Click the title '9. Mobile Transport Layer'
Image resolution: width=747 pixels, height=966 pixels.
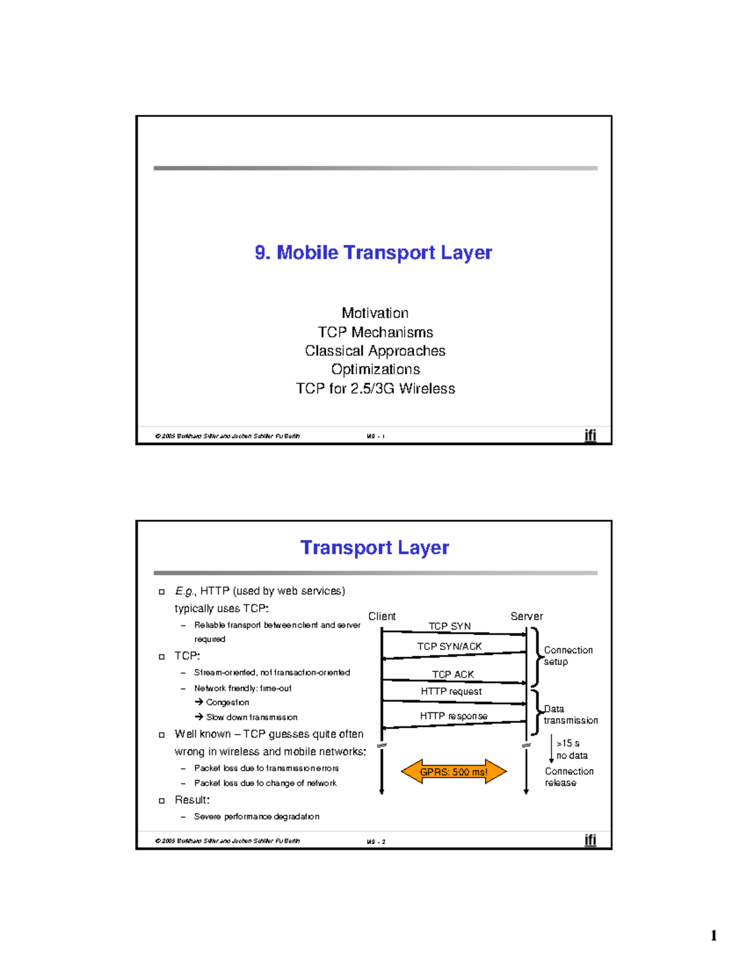pyautogui.click(x=374, y=253)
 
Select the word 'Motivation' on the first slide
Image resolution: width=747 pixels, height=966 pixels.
pyautogui.click(x=375, y=313)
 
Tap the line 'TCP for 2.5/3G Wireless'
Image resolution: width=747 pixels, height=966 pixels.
pyautogui.click(x=375, y=389)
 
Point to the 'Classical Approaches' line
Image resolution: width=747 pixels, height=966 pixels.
pyautogui.click(x=375, y=351)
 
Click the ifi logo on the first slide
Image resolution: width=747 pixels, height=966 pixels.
pyautogui.click(x=590, y=435)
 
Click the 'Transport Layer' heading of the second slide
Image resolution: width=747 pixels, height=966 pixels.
pyautogui.click(x=374, y=547)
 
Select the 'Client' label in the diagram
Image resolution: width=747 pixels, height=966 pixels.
pyautogui.click(x=382, y=616)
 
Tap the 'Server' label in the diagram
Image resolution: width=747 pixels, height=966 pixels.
pyautogui.click(x=527, y=616)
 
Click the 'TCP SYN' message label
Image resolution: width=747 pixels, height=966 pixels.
pyautogui.click(x=449, y=626)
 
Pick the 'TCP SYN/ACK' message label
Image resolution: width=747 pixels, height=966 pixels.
pyautogui.click(x=449, y=646)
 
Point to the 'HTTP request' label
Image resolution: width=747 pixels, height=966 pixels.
pyautogui.click(x=451, y=692)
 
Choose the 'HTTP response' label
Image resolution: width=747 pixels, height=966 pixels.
pyautogui.click(x=454, y=716)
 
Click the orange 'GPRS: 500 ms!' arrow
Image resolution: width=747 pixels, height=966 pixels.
pyautogui.click(x=454, y=772)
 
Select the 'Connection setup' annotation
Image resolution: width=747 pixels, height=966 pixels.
pyautogui.click(x=568, y=656)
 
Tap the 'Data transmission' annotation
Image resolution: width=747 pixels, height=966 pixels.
pyautogui.click(x=570, y=715)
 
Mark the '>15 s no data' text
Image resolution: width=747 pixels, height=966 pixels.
pyautogui.click(x=571, y=750)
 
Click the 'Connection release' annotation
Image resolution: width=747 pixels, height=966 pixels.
pyautogui.click(x=568, y=777)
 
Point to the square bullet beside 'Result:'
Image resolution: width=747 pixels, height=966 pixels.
pyautogui.click(x=162, y=801)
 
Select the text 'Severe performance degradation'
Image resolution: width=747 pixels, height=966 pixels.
pyautogui.click(x=256, y=817)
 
